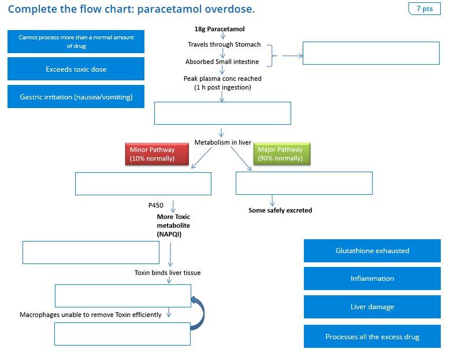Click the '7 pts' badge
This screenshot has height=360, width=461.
[x=424, y=9]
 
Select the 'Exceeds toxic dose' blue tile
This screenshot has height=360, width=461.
[x=76, y=69]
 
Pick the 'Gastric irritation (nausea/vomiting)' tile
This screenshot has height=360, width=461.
[x=76, y=97]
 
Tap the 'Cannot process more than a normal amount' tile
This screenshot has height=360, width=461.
[x=76, y=42]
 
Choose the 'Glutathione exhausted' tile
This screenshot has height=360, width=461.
[x=372, y=251]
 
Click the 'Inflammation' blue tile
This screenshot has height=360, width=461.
[x=372, y=279]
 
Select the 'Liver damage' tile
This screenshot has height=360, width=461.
[x=372, y=307]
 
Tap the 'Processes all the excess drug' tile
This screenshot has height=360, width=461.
[x=372, y=336]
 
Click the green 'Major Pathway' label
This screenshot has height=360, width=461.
[x=281, y=154]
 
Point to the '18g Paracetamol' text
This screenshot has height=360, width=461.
[x=220, y=29]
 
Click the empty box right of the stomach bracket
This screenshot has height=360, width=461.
[x=371, y=53]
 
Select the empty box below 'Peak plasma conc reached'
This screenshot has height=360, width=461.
[x=222, y=113]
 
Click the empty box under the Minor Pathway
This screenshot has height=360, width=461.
[x=143, y=184]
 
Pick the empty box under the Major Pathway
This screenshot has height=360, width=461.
[x=304, y=183]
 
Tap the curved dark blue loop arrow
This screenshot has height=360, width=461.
[x=199, y=313]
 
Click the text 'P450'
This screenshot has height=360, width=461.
[x=156, y=205]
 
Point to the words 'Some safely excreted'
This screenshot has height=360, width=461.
[x=280, y=210]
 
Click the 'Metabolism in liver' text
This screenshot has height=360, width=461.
[x=222, y=142]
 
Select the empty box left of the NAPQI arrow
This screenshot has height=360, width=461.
[x=91, y=253]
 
